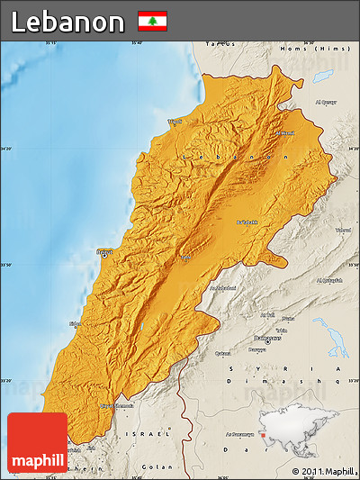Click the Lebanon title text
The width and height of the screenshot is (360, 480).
click(67, 21)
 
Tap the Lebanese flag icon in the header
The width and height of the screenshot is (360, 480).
click(151, 21)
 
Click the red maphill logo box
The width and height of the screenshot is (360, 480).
click(37, 442)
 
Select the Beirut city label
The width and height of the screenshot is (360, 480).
click(105, 252)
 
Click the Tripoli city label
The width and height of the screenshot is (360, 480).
click(174, 121)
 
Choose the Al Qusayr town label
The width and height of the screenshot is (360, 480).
click(325, 102)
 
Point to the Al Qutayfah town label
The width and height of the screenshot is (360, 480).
click(331, 279)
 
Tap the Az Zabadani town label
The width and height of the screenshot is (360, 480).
click(223, 288)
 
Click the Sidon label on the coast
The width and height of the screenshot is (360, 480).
click(75, 322)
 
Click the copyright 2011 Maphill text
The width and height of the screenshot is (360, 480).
click(324, 471)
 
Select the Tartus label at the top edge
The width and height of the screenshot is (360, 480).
click(218, 42)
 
